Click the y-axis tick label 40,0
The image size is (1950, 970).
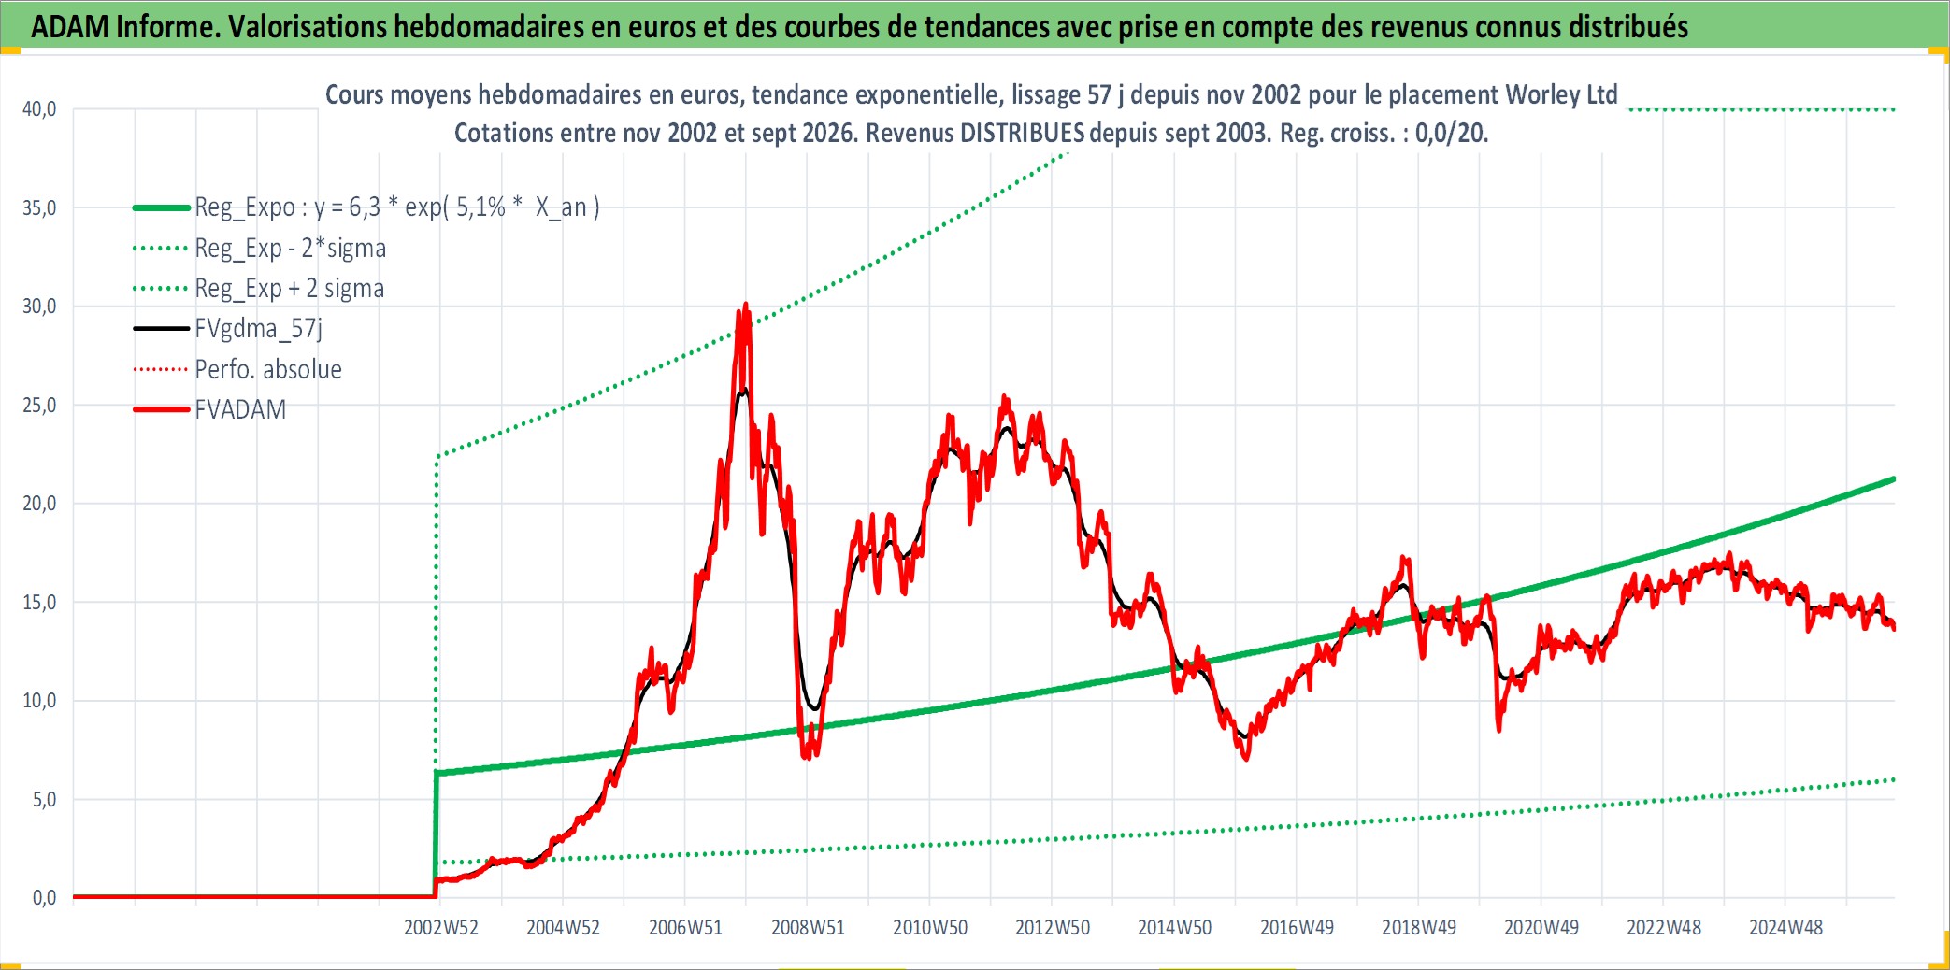[x=39, y=109]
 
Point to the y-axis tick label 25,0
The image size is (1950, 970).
[x=39, y=406]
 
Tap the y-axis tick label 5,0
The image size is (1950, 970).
[x=44, y=800]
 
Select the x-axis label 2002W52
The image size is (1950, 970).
[x=441, y=927]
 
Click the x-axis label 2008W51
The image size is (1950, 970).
[x=808, y=927]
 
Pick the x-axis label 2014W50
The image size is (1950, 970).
[x=1174, y=927]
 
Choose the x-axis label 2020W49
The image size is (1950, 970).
[x=1541, y=927]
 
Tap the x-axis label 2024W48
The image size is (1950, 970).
[x=1785, y=927]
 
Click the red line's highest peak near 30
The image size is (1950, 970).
[x=745, y=305]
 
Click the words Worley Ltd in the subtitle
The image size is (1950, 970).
[x=1561, y=94]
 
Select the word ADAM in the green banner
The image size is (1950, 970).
[x=70, y=26]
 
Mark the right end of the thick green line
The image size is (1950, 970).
[x=1894, y=479]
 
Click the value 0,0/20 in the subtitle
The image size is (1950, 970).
[x=1450, y=133]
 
